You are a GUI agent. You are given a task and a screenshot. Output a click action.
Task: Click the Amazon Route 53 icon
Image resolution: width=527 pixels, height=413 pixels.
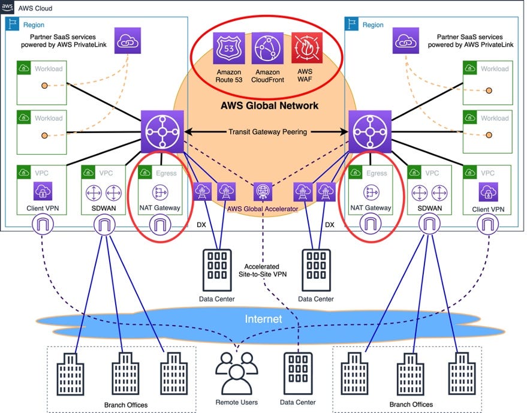tap(229, 49)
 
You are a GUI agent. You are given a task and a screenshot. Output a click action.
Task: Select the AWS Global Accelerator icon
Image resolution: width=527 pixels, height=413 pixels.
tap(263, 191)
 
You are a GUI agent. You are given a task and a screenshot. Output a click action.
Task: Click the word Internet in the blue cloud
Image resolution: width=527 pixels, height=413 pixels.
tap(263, 319)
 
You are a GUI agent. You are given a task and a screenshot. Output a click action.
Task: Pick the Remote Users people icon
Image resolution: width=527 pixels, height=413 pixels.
tap(235, 372)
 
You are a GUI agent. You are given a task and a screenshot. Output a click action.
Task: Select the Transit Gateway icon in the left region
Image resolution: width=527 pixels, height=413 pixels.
tap(161, 131)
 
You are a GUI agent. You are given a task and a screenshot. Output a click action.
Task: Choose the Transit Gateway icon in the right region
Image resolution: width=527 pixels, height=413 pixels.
tap(368, 131)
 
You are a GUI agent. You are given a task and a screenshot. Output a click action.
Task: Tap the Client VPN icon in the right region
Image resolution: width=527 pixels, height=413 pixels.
tap(486, 192)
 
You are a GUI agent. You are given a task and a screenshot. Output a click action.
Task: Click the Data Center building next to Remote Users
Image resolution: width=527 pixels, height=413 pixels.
tap(296, 372)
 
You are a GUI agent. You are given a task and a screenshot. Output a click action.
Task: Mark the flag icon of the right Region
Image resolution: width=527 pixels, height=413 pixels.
tap(354, 25)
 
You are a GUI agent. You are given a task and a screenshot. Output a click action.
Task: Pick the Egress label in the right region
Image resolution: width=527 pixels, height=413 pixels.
tap(377, 173)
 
